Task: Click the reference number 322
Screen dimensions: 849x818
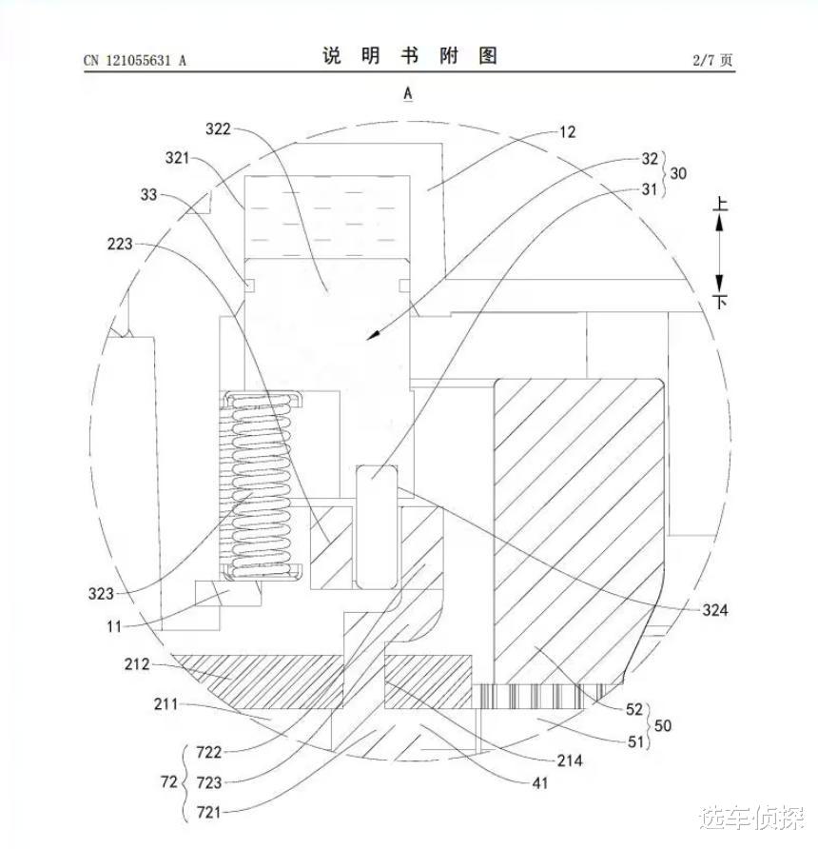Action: click(219, 128)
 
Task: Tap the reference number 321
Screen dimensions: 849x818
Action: click(178, 157)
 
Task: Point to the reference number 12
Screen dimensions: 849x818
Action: click(567, 132)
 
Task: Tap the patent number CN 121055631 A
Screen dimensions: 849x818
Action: click(134, 60)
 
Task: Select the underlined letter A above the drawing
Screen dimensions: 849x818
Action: click(408, 92)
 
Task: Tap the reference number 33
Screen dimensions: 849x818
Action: click(148, 196)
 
